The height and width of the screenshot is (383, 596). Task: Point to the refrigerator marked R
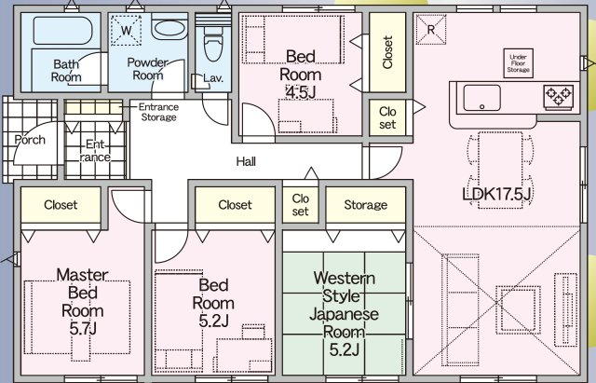click(430, 28)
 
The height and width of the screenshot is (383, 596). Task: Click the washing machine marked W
click(127, 31)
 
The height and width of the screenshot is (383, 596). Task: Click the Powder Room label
click(147, 68)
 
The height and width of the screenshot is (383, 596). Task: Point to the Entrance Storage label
click(158, 112)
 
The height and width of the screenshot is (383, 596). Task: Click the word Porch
click(30, 140)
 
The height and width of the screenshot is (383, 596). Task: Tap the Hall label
click(246, 161)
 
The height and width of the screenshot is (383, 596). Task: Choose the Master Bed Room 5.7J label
click(83, 302)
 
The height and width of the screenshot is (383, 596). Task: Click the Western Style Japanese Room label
click(345, 314)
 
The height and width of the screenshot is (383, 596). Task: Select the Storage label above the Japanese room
click(365, 205)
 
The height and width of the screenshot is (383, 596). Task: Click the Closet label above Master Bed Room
click(61, 204)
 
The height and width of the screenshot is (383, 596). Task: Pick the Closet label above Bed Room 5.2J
click(236, 205)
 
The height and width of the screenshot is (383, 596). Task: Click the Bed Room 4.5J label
click(304, 72)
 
